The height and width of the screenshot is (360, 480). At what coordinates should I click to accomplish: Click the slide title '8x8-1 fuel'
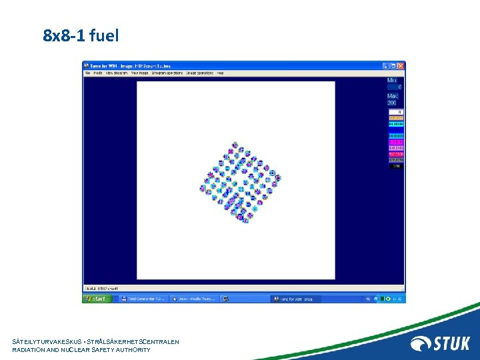pyautogui.click(x=81, y=35)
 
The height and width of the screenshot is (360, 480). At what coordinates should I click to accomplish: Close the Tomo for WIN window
pyautogui.click(x=401, y=65)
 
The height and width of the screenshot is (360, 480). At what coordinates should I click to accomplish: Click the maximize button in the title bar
pyautogui.click(x=393, y=65)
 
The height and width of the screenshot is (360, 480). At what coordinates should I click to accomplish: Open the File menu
pyautogui.click(x=87, y=73)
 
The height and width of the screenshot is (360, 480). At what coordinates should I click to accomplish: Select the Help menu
pyautogui.click(x=220, y=73)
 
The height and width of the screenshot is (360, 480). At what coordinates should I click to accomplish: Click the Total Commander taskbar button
pyautogui.click(x=143, y=299)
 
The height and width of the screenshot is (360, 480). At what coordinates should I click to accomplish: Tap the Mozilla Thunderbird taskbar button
pyautogui.click(x=194, y=299)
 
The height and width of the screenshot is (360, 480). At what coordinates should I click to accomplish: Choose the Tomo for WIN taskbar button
pyautogui.click(x=294, y=299)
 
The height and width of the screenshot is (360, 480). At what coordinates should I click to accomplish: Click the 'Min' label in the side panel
pyautogui.click(x=392, y=81)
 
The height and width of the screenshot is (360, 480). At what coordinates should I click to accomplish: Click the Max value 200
pyautogui.click(x=393, y=103)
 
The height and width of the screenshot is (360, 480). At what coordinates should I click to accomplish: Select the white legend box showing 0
pyautogui.click(x=395, y=112)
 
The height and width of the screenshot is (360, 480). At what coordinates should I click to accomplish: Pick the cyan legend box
pyautogui.click(x=395, y=124)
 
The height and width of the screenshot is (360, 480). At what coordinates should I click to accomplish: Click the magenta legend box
pyautogui.click(x=395, y=142)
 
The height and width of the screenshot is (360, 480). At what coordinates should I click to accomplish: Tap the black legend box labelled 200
pyautogui.click(x=395, y=166)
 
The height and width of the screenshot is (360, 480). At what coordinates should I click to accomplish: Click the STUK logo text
pyautogui.click(x=453, y=343)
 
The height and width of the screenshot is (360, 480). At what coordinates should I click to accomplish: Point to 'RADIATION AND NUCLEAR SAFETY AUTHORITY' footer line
pyautogui.click(x=81, y=350)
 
